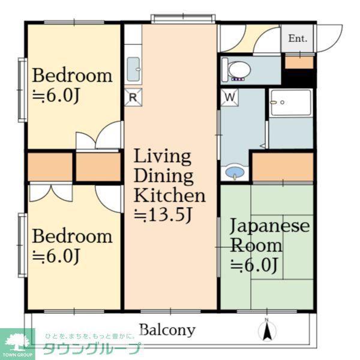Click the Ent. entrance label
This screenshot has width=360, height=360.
pos(298,38)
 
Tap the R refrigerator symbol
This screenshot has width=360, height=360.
pos(133,97)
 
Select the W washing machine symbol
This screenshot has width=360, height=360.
pos(230,97)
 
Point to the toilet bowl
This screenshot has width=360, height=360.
pos(237,70)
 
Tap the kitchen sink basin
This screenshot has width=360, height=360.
pos(133,69)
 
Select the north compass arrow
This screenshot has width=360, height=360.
pos(267,330)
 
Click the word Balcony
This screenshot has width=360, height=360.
pos(167,330)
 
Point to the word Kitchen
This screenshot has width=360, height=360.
pos(169,196)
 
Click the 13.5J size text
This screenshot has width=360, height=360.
pos(163,215)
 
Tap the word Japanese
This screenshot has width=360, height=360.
pos(270,226)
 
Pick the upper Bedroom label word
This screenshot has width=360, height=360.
pos(73,76)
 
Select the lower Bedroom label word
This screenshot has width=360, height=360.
pos(73,236)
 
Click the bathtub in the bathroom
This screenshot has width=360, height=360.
pos(291,103)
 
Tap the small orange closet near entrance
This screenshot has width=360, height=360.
pos(299,62)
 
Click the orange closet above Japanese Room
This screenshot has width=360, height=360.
pos(283,167)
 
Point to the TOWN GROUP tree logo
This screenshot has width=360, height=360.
pos(17,344)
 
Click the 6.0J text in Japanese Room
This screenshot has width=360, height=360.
pos(254,265)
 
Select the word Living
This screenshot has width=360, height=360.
pos(163,157)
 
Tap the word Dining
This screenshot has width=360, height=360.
pos(163,176)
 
